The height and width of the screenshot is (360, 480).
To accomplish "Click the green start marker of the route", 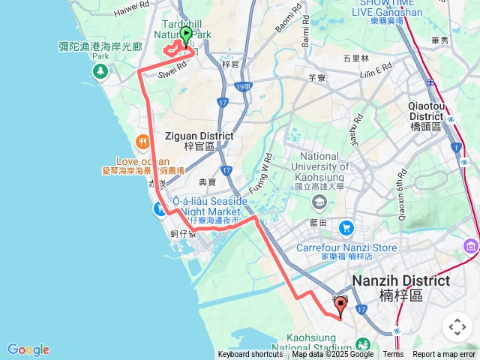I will [186, 34].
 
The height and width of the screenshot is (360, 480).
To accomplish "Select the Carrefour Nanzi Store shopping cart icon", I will [346, 227].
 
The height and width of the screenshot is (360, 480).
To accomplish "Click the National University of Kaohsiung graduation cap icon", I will [319, 201].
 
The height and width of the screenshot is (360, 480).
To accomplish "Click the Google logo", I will [28, 349].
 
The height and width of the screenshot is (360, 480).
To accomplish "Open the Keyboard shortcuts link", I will [250, 355].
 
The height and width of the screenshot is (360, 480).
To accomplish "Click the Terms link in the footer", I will [393, 355].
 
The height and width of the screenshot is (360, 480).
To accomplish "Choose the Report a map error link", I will [444, 355].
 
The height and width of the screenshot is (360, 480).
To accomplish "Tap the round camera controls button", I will [457, 327].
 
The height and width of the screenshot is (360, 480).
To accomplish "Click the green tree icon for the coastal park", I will [99, 70].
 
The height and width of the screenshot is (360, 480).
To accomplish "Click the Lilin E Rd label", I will [376, 67].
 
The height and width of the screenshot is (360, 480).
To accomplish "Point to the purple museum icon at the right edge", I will [470, 246].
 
